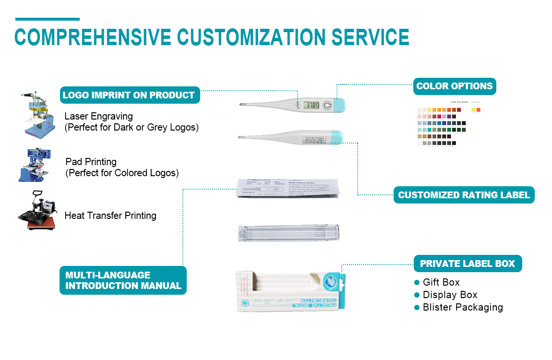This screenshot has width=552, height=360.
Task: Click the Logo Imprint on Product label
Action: (129, 95)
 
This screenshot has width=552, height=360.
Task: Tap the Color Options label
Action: (454, 86)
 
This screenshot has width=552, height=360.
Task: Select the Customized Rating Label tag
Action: (464, 195)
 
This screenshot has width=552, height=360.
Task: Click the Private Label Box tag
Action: (467, 264)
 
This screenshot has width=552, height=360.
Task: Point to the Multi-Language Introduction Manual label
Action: (123, 280)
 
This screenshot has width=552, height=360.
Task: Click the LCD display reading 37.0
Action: (313, 105)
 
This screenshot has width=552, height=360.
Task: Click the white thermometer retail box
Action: (291, 291)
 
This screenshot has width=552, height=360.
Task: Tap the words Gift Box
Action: (441, 282)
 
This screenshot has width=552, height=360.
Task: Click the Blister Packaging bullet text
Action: (463, 307)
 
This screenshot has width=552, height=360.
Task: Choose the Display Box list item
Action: (450, 295)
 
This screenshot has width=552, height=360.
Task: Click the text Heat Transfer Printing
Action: (110, 216)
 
